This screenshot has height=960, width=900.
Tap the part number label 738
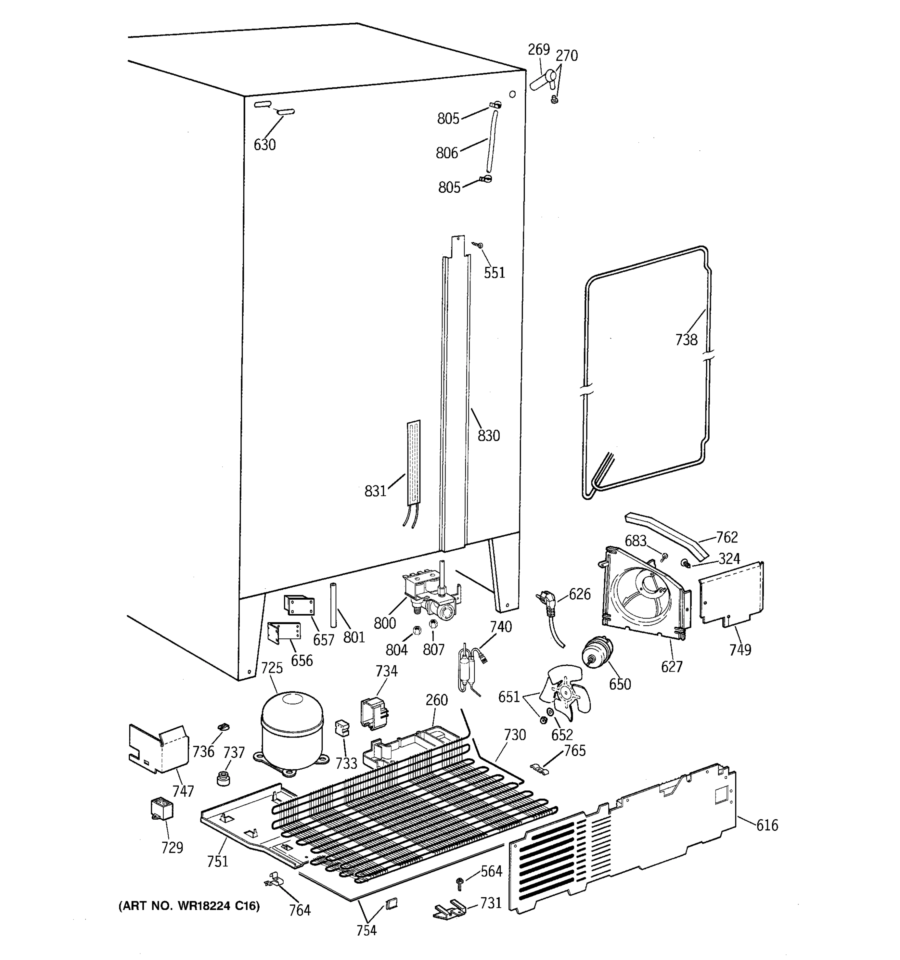click(686, 340)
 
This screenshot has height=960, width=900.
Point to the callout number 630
click(264, 144)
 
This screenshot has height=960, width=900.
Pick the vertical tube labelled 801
click(333, 605)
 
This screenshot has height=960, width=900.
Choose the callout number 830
click(489, 436)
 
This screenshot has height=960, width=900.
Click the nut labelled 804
click(417, 630)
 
